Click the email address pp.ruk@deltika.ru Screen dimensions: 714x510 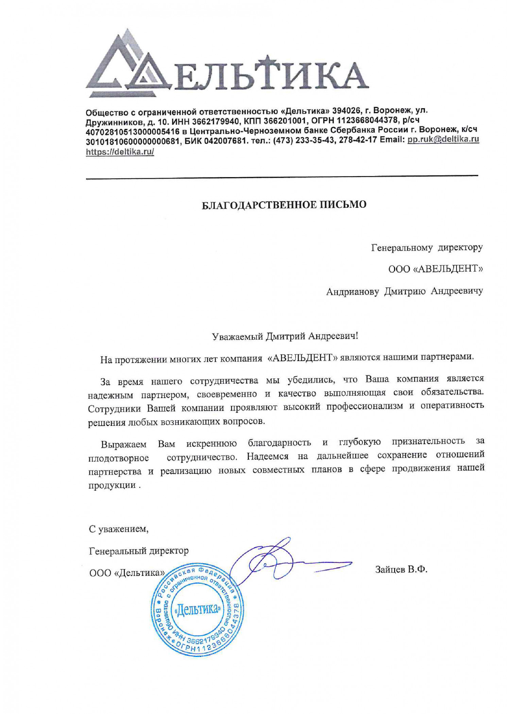pos(443,139)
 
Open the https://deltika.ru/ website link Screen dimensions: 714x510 pos(120,152)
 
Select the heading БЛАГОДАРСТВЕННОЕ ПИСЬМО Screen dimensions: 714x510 pos(284,205)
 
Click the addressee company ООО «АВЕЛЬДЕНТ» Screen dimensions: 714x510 pos(435,269)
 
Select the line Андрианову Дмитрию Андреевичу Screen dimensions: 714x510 pos(404,291)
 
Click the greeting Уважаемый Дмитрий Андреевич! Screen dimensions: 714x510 pos(285,336)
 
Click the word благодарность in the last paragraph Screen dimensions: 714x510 pos(279,442)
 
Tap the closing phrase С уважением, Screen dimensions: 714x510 pos(119,529)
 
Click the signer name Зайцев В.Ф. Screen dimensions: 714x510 pos(401,569)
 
